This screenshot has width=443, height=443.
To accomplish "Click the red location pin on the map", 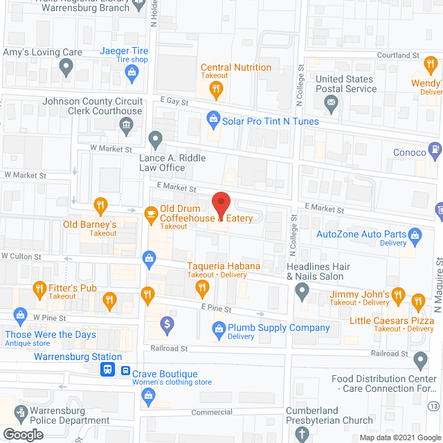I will (220, 205).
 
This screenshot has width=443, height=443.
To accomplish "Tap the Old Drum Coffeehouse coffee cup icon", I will (150, 214).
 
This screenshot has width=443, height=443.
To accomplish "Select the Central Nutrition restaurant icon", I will (216, 88).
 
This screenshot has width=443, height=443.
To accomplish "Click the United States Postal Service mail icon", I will (332, 104).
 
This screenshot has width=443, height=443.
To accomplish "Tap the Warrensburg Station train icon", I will (109, 370).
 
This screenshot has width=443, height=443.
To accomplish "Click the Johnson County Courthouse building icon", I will (127, 125).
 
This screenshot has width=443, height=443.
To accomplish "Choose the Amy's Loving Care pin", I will (66, 67).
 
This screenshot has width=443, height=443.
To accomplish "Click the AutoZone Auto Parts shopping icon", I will (415, 235).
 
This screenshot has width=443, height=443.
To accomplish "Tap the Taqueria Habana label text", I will (224, 266).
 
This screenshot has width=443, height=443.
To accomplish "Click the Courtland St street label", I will (399, 55).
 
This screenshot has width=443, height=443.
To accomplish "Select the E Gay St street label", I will (173, 101).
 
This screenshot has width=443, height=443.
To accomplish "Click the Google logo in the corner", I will (22, 435).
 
